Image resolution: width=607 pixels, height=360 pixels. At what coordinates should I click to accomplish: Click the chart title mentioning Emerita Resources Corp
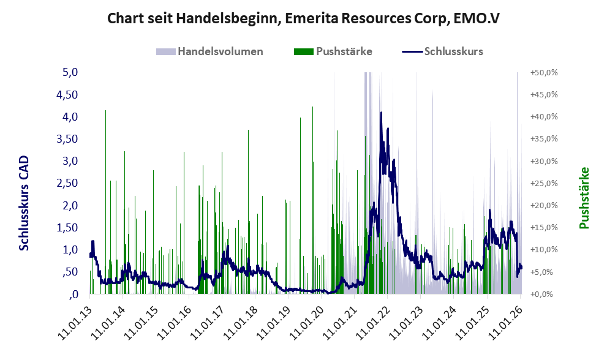pyautogui.click(x=303, y=18)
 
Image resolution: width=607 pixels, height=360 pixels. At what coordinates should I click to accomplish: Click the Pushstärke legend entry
pyautogui.click(x=343, y=51)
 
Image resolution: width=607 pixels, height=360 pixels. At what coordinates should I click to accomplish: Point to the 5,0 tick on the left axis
pyautogui.click(x=70, y=72)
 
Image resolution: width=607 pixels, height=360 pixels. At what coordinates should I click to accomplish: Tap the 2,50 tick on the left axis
pyautogui.click(x=67, y=183)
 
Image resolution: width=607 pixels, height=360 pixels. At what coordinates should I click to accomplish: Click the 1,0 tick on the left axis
pyautogui.click(x=70, y=250)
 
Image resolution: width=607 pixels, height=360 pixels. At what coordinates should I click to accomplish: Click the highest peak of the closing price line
pyautogui.click(x=381, y=113)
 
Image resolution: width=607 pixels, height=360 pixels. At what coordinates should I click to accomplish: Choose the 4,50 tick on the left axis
pyautogui.click(x=67, y=94)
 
